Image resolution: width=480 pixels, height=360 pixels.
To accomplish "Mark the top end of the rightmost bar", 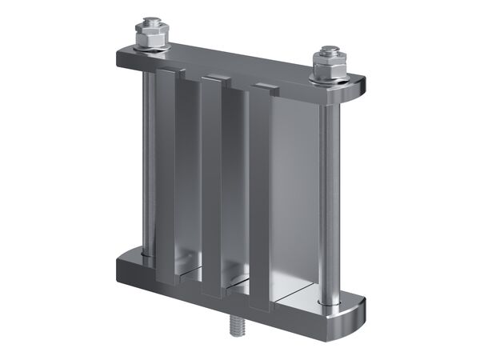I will (264, 88).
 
